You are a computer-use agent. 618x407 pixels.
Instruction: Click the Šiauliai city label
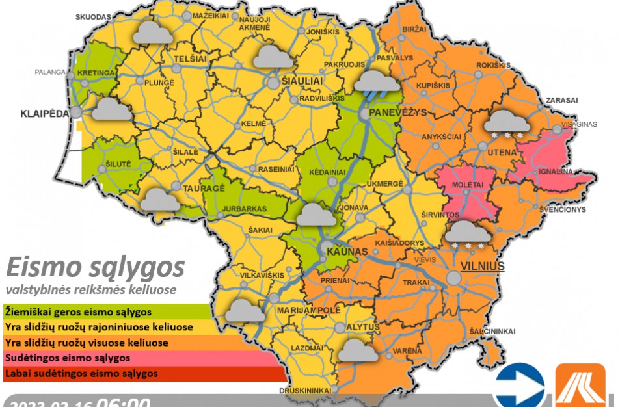tap(302, 79)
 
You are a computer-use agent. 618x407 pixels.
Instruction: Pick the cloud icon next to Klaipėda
tap(112, 109)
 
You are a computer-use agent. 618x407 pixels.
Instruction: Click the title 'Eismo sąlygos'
tap(95, 267)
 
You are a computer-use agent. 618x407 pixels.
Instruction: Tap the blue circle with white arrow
tap(519, 386)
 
